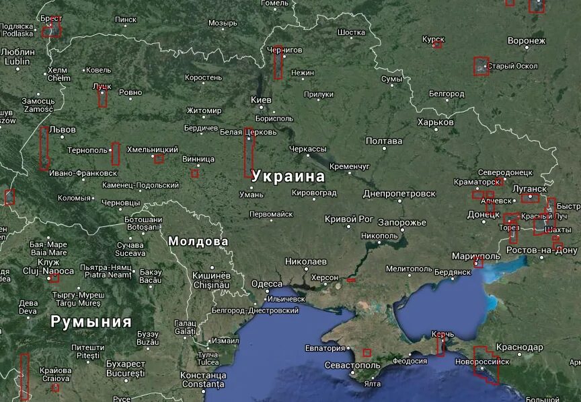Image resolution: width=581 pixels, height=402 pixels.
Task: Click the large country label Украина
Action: click(x=288, y=176)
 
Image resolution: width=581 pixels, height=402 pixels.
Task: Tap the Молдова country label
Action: click(x=198, y=241)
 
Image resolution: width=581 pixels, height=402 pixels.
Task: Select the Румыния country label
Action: click(x=91, y=321)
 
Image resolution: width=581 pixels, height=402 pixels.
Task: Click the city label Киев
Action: click(x=261, y=100)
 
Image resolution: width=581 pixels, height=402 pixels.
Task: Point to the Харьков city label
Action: click(x=435, y=123)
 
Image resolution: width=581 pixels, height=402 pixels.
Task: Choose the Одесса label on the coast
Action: click(x=267, y=284)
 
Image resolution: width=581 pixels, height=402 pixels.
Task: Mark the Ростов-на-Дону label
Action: click(x=541, y=250)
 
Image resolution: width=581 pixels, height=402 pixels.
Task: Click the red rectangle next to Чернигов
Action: click(x=278, y=63)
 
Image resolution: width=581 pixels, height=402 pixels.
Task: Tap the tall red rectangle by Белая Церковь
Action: click(x=249, y=152)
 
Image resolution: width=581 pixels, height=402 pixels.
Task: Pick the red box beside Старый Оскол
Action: click(x=480, y=66)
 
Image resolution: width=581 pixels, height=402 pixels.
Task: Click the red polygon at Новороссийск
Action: click(x=486, y=364)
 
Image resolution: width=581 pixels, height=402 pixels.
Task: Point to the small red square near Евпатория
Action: click(x=367, y=353)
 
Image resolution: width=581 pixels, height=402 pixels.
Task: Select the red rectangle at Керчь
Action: click(x=440, y=346)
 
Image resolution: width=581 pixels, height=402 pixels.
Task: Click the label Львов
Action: click(x=63, y=129)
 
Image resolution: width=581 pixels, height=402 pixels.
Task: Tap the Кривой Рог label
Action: click(x=348, y=219)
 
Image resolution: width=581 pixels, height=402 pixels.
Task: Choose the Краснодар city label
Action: click(x=519, y=347)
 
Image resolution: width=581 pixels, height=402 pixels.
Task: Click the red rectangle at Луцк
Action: click(x=102, y=96)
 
